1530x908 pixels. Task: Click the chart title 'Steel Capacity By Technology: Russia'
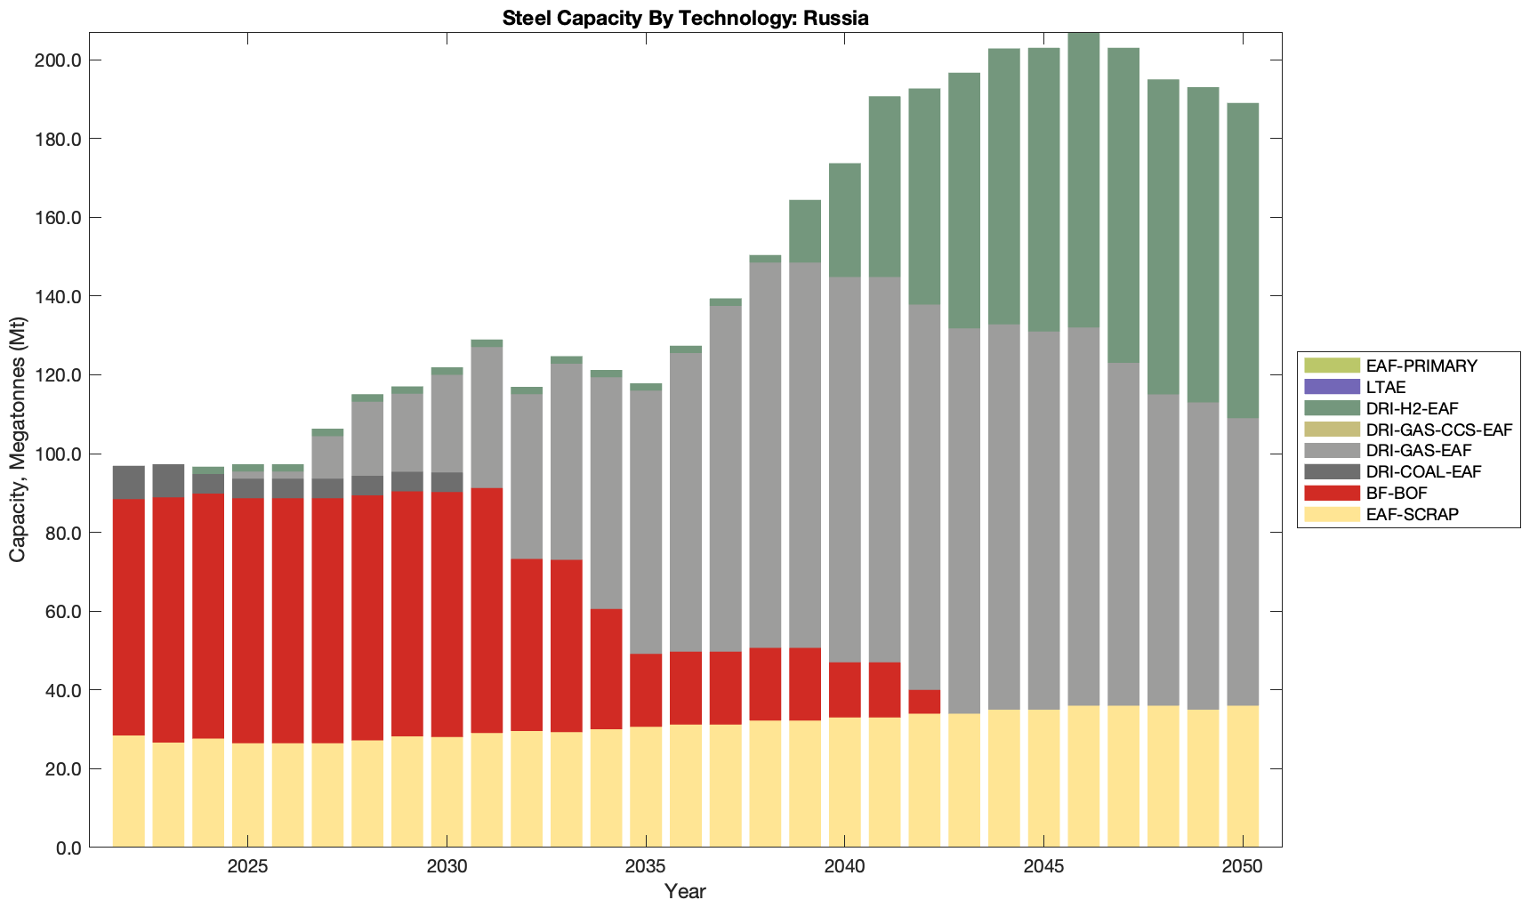click(685, 18)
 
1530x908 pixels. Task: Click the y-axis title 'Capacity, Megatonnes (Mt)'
click(18, 440)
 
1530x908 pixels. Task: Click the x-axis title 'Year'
click(685, 891)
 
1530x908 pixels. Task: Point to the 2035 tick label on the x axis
click(646, 867)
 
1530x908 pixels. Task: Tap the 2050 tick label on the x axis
click(1243, 867)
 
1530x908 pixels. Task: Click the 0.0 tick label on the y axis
click(67, 848)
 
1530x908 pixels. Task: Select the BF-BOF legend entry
click(1397, 494)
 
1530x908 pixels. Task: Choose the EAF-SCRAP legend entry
click(1412, 515)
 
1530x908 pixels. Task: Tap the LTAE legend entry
click(1386, 387)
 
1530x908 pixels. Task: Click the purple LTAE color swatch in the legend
click(1332, 387)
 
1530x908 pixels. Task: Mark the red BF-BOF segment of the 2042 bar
click(924, 702)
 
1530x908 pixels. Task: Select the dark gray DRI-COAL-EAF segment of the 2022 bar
click(129, 482)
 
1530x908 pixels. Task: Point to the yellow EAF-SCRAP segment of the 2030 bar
click(447, 791)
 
